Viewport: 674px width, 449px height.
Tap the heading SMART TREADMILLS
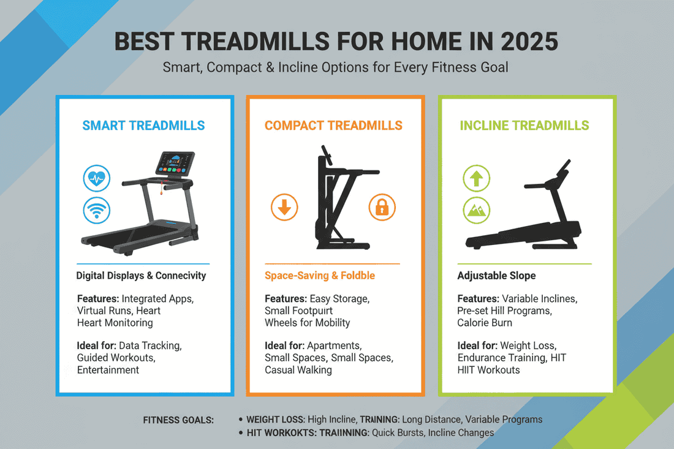click(x=144, y=126)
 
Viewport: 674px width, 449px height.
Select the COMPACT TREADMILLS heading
click(x=333, y=126)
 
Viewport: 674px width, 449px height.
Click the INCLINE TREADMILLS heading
click(x=524, y=126)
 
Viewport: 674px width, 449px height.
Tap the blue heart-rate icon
click(x=97, y=179)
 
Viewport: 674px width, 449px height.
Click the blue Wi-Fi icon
click(x=97, y=211)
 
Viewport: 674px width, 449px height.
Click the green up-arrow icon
click(x=476, y=179)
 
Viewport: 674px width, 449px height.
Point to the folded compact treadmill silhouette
click(x=333, y=202)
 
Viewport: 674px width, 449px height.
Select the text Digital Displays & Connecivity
click(x=141, y=276)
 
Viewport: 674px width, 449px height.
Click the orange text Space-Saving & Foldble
click(x=319, y=276)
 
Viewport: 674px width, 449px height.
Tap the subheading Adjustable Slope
click(x=496, y=276)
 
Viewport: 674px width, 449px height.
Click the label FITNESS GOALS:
click(x=178, y=420)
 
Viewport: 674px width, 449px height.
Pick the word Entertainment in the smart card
click(x=108, y=370)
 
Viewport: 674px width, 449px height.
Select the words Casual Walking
click(x=298, y=370)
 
